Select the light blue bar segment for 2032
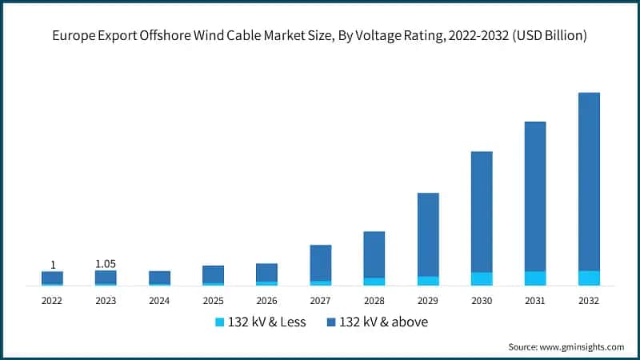coord(589,278)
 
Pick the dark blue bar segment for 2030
coord(482,211)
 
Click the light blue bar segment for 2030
coord(482,278)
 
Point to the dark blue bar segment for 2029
coord(428,234)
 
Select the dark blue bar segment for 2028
coord(374,254)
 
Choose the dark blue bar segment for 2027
coord(321,262)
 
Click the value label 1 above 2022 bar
coord(53,265)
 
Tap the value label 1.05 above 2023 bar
coord(106,264)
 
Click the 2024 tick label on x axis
coord(159,301)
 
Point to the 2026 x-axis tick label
coord(266,301)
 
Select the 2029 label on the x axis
coord(428,301)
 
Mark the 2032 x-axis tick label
coord(589,301)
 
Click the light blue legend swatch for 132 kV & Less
coord(220,322)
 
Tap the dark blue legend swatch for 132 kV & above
coord(331,322)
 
